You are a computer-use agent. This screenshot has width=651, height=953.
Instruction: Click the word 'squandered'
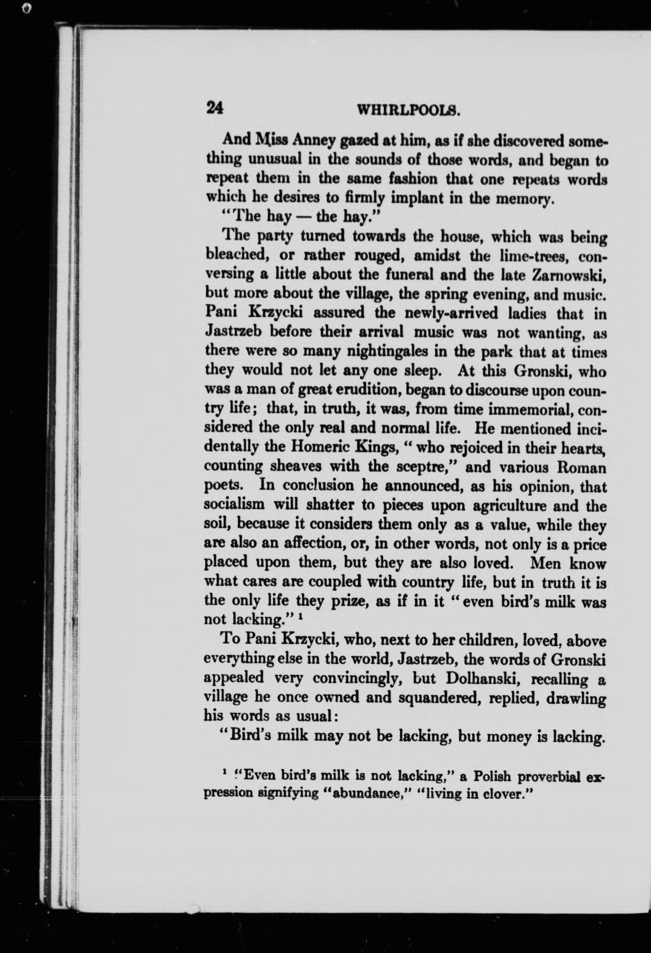pyautogui.click(x=436, y=698)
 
